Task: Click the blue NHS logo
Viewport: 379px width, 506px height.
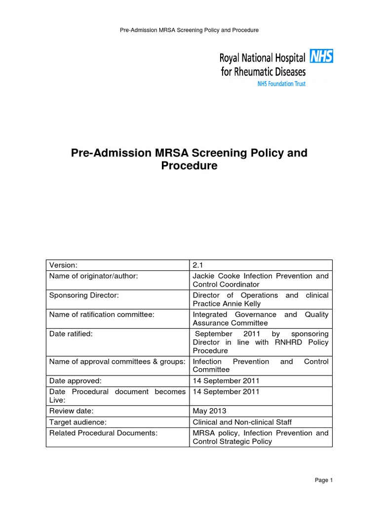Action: pyautogui.click(x=321, y=56)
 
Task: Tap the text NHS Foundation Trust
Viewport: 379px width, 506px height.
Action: pyautogui.click(x=281, y=84)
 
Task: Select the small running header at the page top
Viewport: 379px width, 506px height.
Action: pyautogui.click(x=189, y=30)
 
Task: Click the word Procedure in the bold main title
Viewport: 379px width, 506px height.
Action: pyautogui.click(x=189, y=166)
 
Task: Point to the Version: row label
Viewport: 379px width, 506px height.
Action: pyautogui.click(x=64, y=265)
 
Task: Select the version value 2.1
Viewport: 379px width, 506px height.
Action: pyautogui.click(x=198, y=265)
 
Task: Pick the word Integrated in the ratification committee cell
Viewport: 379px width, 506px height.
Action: pyautogui.click(x=210, y=314)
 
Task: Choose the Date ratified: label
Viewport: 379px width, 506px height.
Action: pyautogui.click(x=71, y=334)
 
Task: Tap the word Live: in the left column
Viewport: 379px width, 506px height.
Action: pyautogui.click(x=57, y=400)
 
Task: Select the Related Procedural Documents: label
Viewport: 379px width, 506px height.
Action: pyautogui.click(x=103, y=433)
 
